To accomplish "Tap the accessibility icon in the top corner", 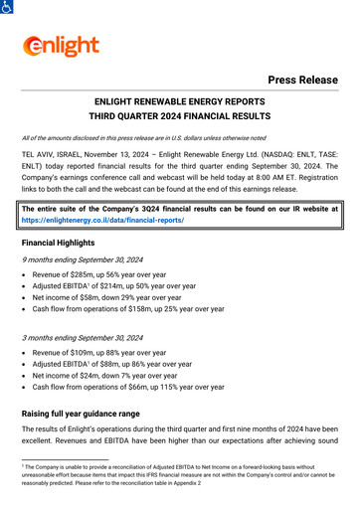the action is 7,7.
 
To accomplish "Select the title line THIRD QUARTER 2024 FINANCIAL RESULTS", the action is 180,116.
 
